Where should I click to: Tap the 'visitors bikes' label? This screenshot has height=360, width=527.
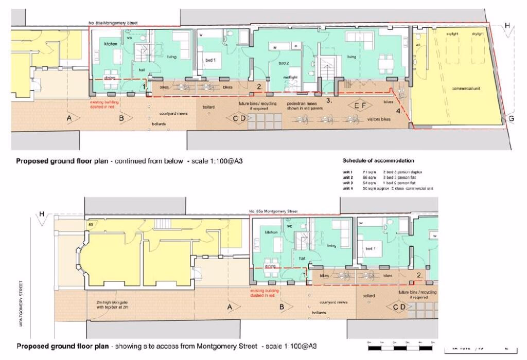click(x=378, y=119)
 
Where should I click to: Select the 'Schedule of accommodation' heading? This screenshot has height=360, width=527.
click(x=378, y=161)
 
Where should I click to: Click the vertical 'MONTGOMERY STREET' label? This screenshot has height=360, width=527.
click(x=21, y=303)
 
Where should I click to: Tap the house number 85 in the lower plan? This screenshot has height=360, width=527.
click(x=90, y=225)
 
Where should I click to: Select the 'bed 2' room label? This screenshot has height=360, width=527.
click(x=284, y=63)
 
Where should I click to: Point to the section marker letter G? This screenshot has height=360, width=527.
click(x=511, y=119)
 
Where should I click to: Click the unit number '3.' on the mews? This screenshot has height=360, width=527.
click(x=329, y=101)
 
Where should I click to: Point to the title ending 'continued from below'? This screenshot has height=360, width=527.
click(x=129, y=161)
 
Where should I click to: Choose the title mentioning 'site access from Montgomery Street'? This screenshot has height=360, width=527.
click(x=166, y=346)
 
